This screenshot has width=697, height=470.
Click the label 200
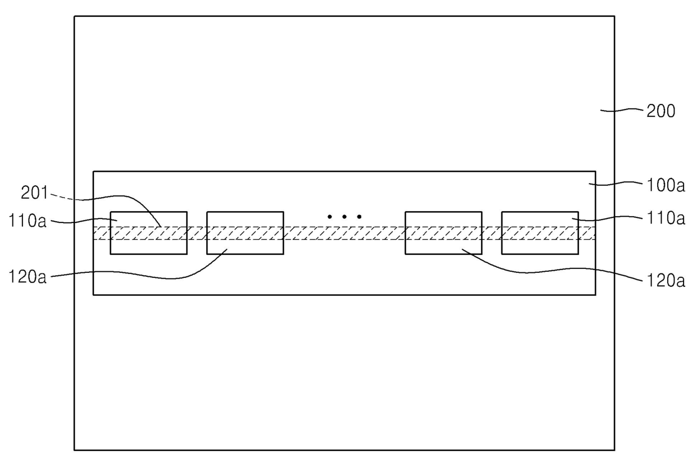click(660, 111)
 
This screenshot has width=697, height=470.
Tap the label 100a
click(666, 185)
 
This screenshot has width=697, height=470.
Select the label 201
click(35, 193)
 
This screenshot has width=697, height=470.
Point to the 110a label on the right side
click(666, 218)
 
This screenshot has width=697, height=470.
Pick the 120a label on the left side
click(27, 277)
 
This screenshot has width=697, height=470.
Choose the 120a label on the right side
click(666, 280)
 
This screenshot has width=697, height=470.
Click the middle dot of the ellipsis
click(344, 216)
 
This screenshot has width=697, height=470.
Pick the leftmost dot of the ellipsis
click(330, 216)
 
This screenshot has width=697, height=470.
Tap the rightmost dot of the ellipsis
click(359, 216)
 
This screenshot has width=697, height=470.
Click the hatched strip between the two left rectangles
click(197, 233)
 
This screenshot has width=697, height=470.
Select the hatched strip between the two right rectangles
click(491, 233)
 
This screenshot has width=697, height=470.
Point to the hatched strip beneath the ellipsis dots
click(344, 233)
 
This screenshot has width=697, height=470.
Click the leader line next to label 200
click(621, 111)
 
